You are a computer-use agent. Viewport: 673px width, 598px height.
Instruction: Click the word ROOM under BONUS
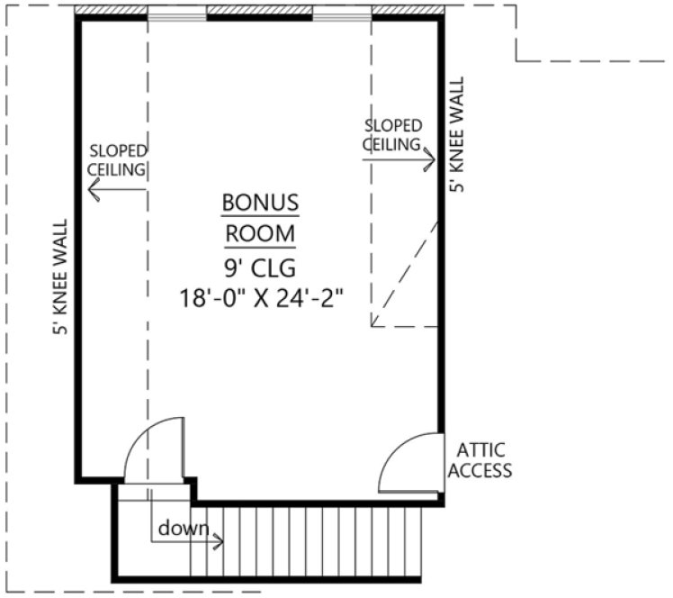pyautogui.click(x=259, y=233)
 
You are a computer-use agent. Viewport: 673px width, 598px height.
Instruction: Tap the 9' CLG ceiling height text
pyautogui.click(x=259, y=267)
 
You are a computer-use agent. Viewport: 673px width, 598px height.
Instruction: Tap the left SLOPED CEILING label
pyautogui.click(x=117, y=159)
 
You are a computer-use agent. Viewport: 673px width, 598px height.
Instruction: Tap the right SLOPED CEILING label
pyautogui.click(x=393, y=134)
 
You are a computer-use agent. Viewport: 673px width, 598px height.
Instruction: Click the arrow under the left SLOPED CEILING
pyautogui.click(x=117, y=188)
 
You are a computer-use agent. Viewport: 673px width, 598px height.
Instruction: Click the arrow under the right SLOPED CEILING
pyautogui.click(x=399, y=160)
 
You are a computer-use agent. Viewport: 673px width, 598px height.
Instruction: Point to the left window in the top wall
pyautogui.click(x=177, y=14)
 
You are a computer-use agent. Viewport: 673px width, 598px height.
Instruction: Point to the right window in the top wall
pyautogui.click(x=342, y=14)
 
